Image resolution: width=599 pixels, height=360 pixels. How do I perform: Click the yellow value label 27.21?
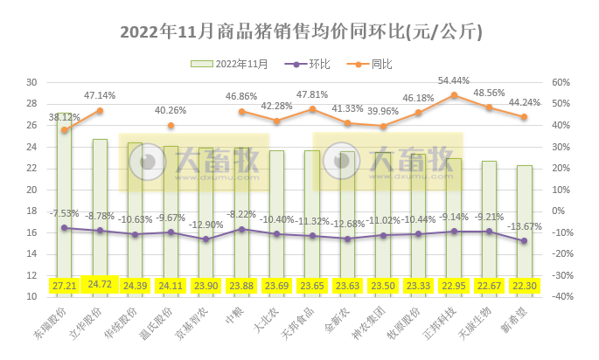pos(64,285)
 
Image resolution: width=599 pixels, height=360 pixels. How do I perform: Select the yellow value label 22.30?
pos(524,285)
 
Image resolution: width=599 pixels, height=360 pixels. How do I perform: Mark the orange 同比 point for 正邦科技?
pos(453,94)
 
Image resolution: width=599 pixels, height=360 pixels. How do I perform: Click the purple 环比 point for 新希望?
pos(524,241)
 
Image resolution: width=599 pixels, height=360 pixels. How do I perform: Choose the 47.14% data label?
pos(100,95)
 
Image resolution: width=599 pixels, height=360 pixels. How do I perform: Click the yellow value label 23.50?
pos(382,285)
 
